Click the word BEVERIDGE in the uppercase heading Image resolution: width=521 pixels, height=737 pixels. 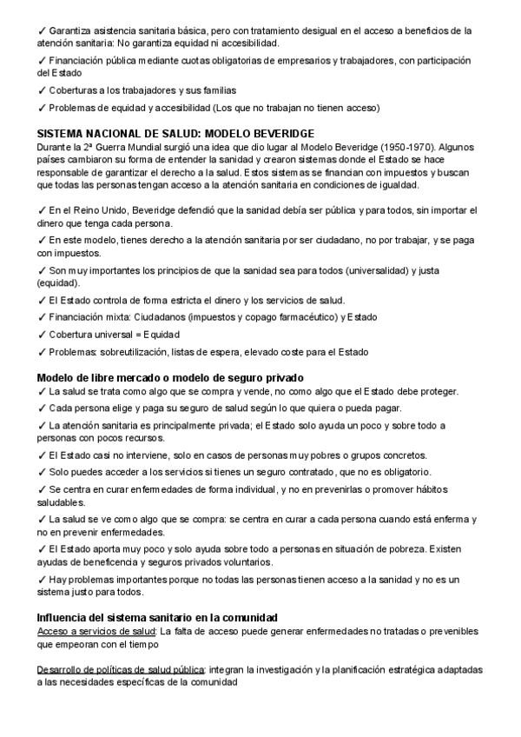pos(280,134)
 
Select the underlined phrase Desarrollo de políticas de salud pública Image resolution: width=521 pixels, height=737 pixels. pos(121,670)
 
